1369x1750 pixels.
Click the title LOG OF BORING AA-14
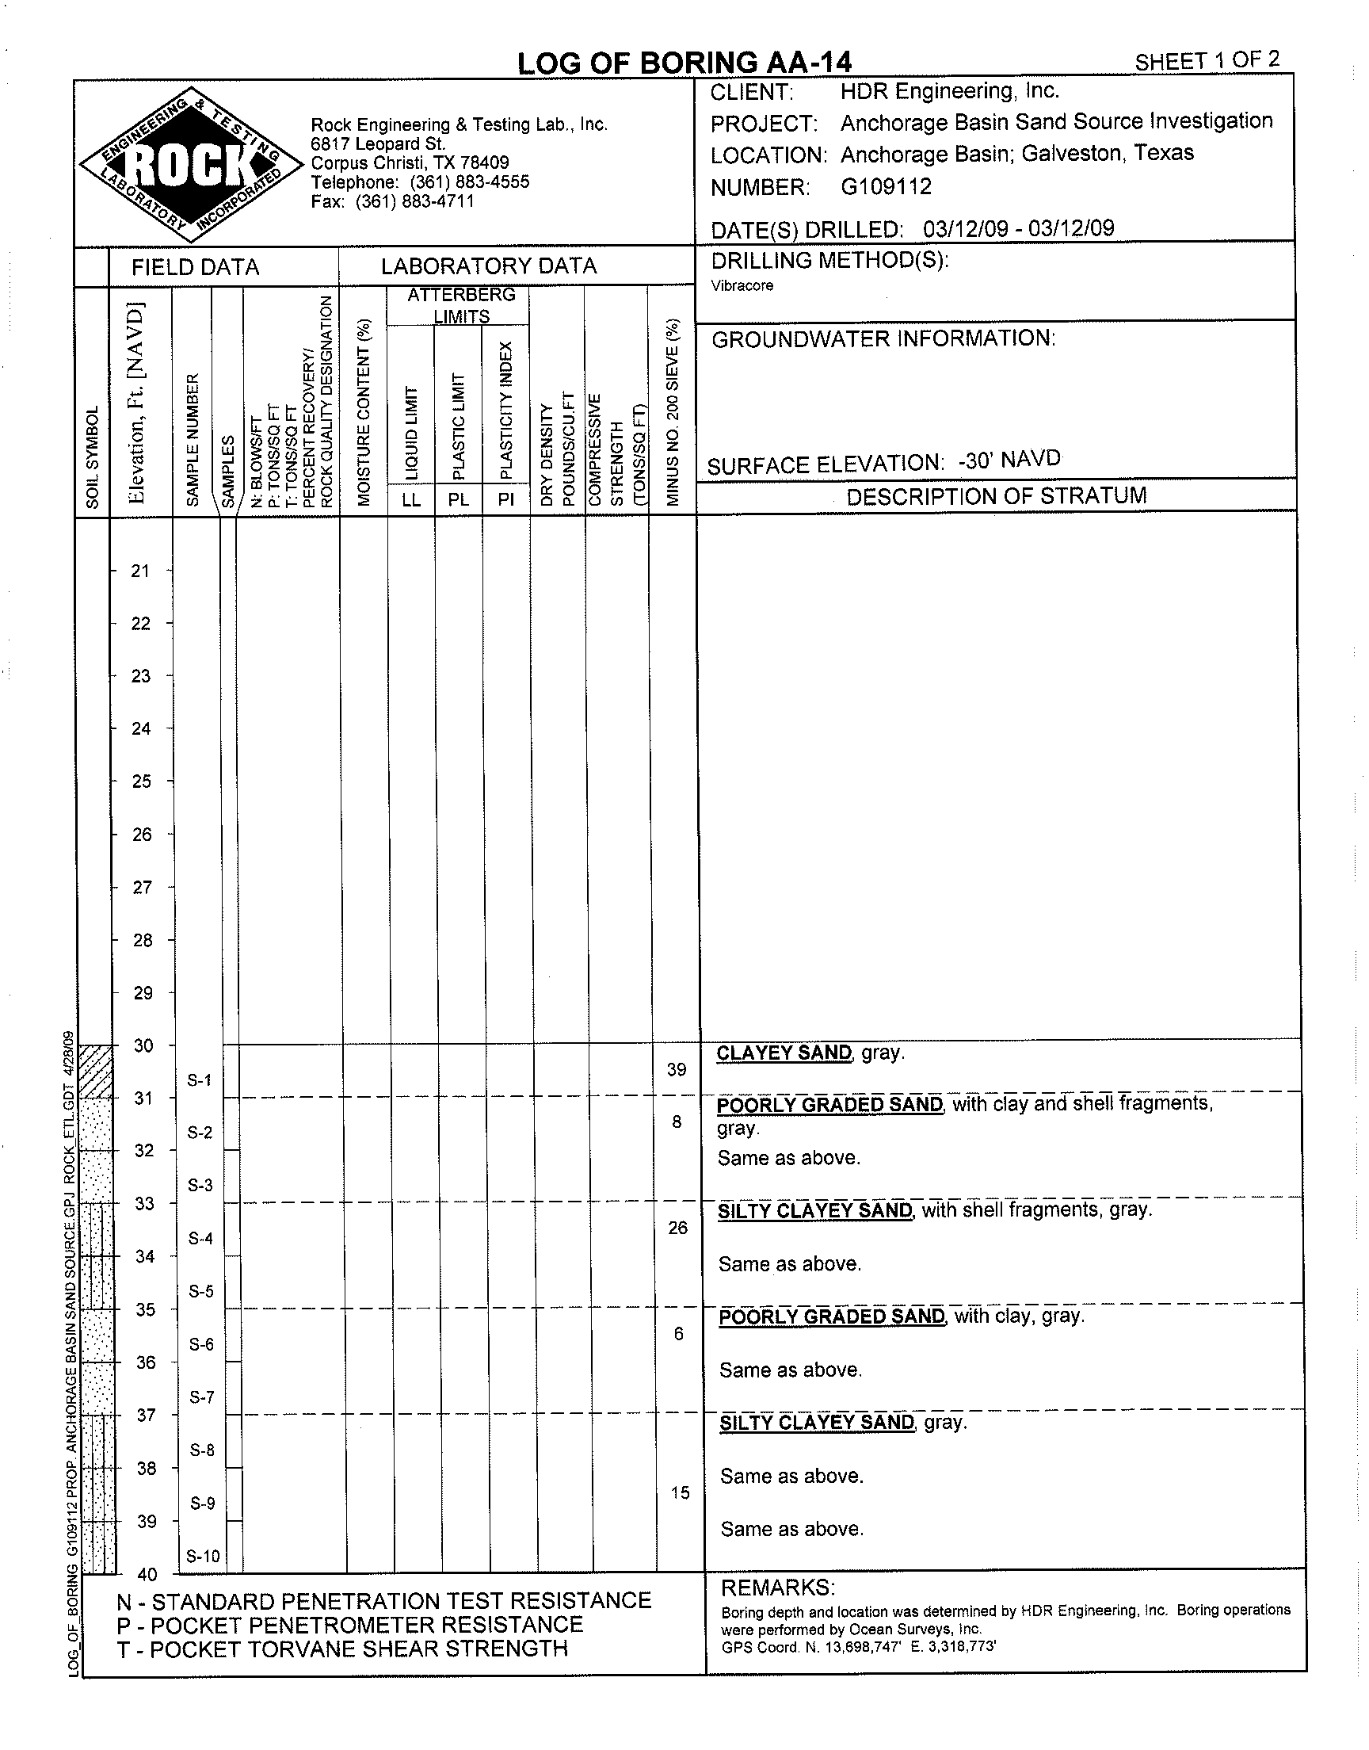click(684, 63)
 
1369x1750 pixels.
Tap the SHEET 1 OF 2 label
click(1207, 60)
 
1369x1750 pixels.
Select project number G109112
click(886, 187)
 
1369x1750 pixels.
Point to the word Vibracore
click(742, 286)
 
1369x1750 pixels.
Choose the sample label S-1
click(199, 1079)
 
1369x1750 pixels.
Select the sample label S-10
click(203, 1556)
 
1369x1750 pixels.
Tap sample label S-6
click(201, 1344)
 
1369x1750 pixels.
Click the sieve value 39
click(677, 1069)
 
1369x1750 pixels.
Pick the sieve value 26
click(677, 1228)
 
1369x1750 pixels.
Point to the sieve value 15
click(680, 1492)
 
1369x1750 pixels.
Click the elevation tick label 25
click(141, 781)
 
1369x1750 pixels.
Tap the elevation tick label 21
click(140, 571)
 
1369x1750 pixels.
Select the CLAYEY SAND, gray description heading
click(810, 1053)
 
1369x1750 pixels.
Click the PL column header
click(458, 499)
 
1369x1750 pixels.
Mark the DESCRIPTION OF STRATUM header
click(996, 496)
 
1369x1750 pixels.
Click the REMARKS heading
click(777, 1588)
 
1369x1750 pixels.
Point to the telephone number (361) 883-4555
click(470, 182)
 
